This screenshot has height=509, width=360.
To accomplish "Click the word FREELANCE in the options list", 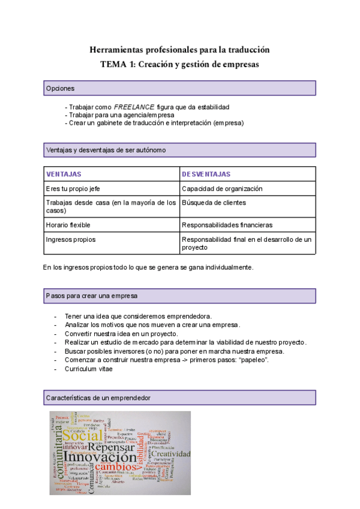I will pos(134,106).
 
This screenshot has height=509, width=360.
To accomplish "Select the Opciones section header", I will pos(180,88).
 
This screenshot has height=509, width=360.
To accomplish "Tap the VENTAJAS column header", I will pos(64,174).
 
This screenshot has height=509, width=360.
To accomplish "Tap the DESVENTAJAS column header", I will pos(206,174).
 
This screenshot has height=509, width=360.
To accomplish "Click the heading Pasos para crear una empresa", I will pos(180,296).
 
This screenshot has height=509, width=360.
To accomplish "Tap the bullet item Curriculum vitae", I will pos(88,369).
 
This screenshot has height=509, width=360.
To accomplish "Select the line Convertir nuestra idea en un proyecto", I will pos(121,333).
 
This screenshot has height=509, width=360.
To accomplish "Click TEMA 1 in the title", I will pos(119,64).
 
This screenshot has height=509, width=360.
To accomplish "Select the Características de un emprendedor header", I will pos(180,397).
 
